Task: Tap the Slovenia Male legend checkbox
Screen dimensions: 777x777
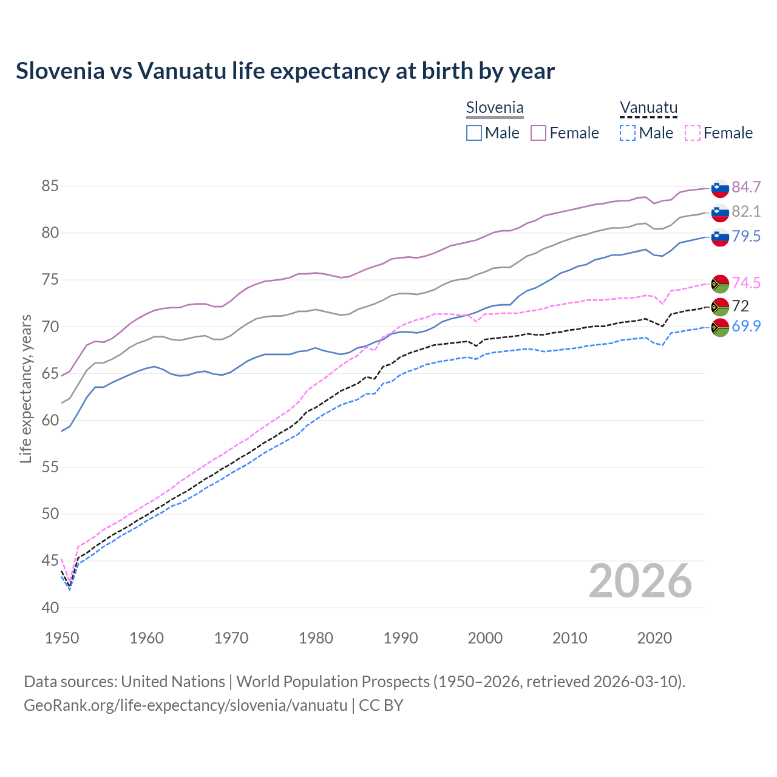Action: point(474,133)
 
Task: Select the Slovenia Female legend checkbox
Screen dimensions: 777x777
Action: point(538,133)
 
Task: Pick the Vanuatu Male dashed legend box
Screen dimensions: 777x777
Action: point(628,133)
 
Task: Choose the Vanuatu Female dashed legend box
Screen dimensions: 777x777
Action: point(693,133)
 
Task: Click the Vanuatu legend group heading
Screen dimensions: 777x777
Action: point(648,108)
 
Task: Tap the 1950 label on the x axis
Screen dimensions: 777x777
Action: point(62,638)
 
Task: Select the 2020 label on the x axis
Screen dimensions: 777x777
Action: point(654,638)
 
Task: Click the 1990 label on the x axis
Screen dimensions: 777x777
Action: point(401,638)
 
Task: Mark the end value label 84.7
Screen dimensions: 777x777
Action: point(746,187)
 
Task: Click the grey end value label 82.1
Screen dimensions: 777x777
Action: point(746,211)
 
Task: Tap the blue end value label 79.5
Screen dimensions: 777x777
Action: point(746,236)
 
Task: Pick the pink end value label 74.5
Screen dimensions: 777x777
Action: point(746,283)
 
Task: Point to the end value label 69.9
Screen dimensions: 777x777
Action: point(746,326)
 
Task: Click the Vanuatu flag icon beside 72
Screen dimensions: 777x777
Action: point(720,307)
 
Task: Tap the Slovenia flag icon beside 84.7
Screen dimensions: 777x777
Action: point(720,188)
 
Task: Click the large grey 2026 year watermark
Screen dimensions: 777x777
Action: point(640,581)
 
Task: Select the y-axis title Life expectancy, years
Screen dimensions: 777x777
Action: point(25,388)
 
